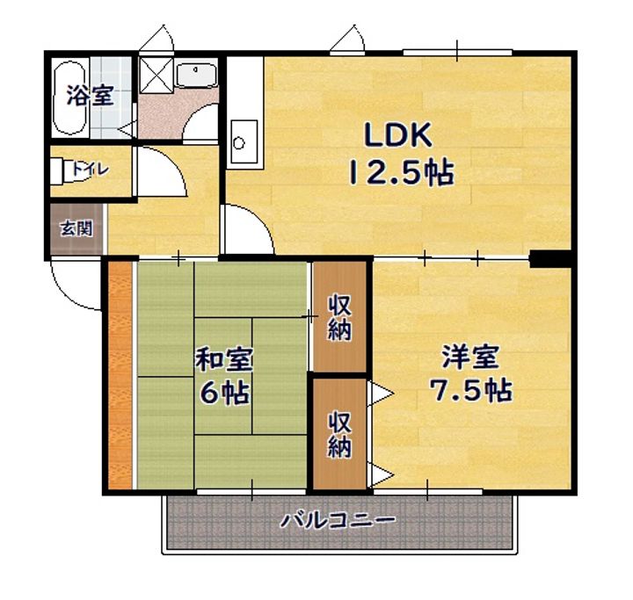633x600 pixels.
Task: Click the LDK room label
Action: (398, 134)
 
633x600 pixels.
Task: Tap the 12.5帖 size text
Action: (401, 173)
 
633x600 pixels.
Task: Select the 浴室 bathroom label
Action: (90, 95)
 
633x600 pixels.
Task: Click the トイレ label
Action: (91, 169)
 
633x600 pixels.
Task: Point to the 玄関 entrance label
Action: (76, 228)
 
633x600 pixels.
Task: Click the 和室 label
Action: (224, 359)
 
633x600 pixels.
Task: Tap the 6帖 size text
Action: (224, 392)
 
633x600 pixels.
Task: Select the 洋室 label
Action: (470, 357)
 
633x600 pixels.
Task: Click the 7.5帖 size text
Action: (470, 390)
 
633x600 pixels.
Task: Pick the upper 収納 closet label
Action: (339, 317)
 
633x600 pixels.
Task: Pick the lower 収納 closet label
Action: (339, 435)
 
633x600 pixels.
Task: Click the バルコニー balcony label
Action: (338, 521)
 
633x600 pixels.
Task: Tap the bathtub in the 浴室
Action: (69, 98)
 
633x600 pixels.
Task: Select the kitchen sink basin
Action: (244, 141)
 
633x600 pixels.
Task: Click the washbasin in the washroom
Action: (197, 75)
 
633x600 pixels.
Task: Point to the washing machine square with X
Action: (156, 75)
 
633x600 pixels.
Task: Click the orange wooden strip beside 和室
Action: (120, 375)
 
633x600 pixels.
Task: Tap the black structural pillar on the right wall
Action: (550, 258)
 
